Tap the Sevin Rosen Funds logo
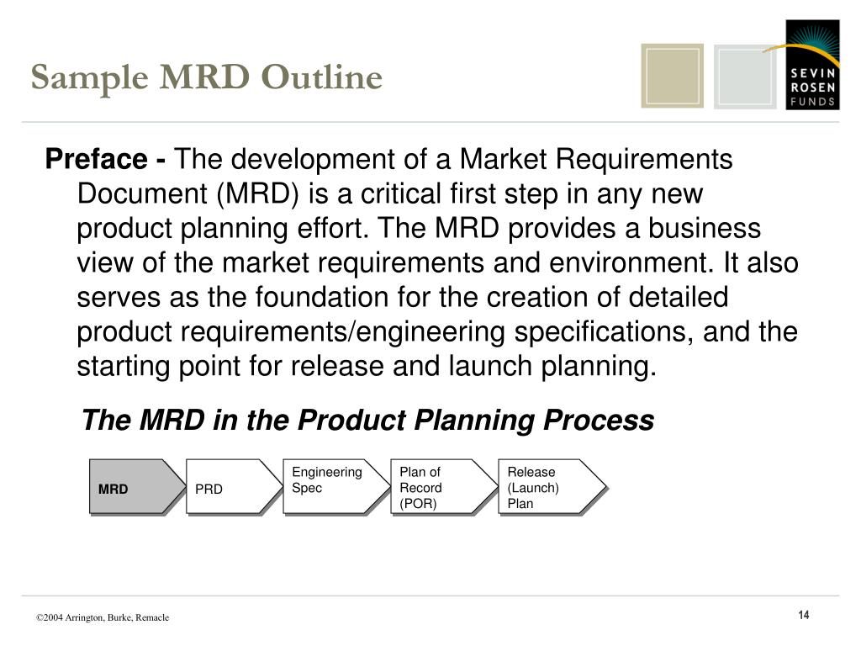tap(812, 65)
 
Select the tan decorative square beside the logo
tap(672, 76)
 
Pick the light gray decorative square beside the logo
tap(745, 77)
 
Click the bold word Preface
tap(95, 159)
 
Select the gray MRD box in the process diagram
tap(135, 488)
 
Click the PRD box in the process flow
tap(231, 488)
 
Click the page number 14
tap(804, 616)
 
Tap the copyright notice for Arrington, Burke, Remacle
tap(103, 617)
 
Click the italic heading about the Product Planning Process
tap(367, 420)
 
